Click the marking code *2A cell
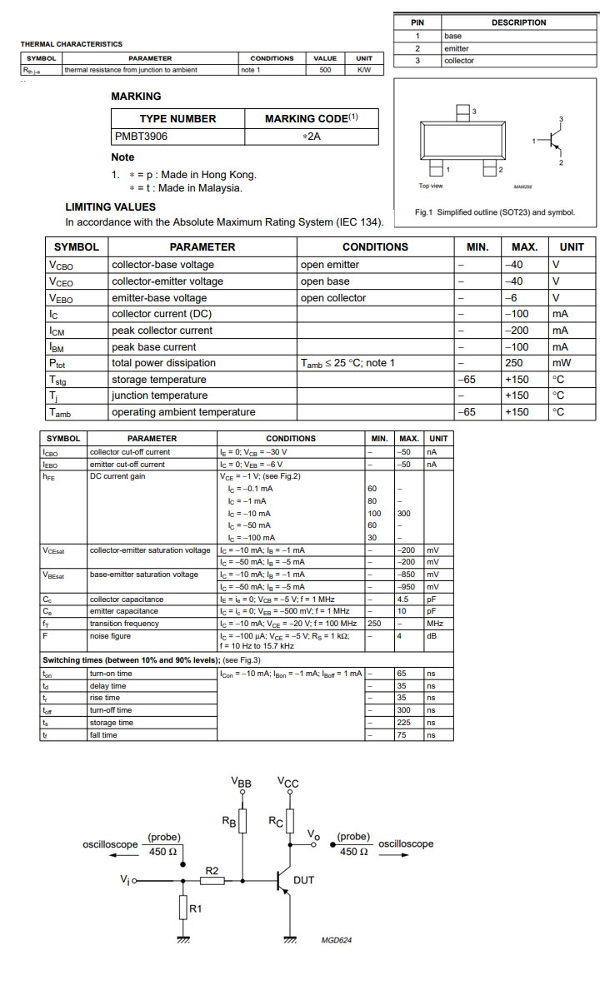(x=311, y=136)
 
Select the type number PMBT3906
(x=141, y=136)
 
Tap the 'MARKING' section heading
(x=136, y=97)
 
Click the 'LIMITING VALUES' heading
(x=110, y=206)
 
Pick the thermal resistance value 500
(x=325, y=70)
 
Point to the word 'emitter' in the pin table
(x=457, y=48)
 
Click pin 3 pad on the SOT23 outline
(x=463, y=112)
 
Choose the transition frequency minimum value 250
(x=375, y=624)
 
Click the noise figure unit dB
(x=432, y=636)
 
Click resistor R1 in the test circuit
(x=183, y=908)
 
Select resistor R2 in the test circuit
(x=212, y=880)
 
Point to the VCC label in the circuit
(x=288, y=784)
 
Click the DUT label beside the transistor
(x=304, y=880)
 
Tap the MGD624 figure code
(x=337, y=940)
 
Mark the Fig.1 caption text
(x=495, y=212)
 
